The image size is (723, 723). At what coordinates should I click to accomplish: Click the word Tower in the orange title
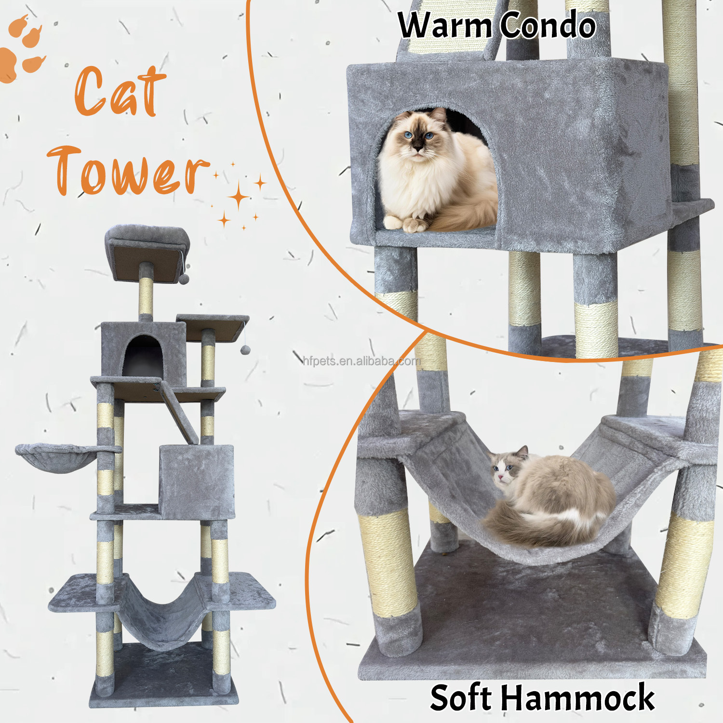pos(128,171)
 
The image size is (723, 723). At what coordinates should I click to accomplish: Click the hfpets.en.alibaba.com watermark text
pos(361,361)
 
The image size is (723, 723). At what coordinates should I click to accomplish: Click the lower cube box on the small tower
pos(197,482)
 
